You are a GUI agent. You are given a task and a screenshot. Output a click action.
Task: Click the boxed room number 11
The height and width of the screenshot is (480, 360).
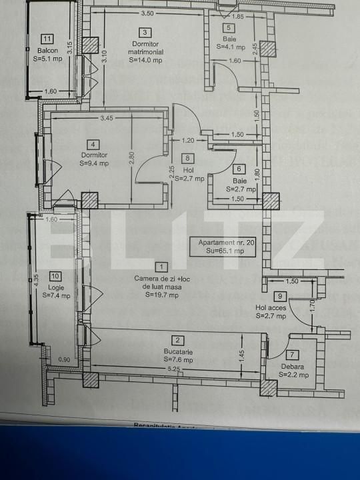47,39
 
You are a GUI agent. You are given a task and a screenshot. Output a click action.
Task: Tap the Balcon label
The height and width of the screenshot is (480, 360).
47,51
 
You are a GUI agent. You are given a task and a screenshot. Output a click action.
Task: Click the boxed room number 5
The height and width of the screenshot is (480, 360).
229,27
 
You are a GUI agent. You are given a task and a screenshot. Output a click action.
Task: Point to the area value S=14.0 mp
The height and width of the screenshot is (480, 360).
145,59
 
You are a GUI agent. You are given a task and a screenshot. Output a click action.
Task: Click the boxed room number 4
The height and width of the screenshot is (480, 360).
93,144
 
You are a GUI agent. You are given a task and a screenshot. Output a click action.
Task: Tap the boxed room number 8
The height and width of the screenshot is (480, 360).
189,158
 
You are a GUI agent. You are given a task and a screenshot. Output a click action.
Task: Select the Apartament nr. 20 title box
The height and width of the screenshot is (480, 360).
223,247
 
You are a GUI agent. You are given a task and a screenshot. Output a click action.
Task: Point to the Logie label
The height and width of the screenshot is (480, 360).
56,287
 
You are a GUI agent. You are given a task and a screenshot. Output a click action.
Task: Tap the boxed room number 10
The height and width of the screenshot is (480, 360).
56,275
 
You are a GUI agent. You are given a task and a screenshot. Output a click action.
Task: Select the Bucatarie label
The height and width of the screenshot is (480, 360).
177,351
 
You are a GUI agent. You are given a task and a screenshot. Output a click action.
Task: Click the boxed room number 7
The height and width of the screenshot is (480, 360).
293,355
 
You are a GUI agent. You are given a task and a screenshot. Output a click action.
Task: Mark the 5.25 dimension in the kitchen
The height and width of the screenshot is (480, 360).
174,368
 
